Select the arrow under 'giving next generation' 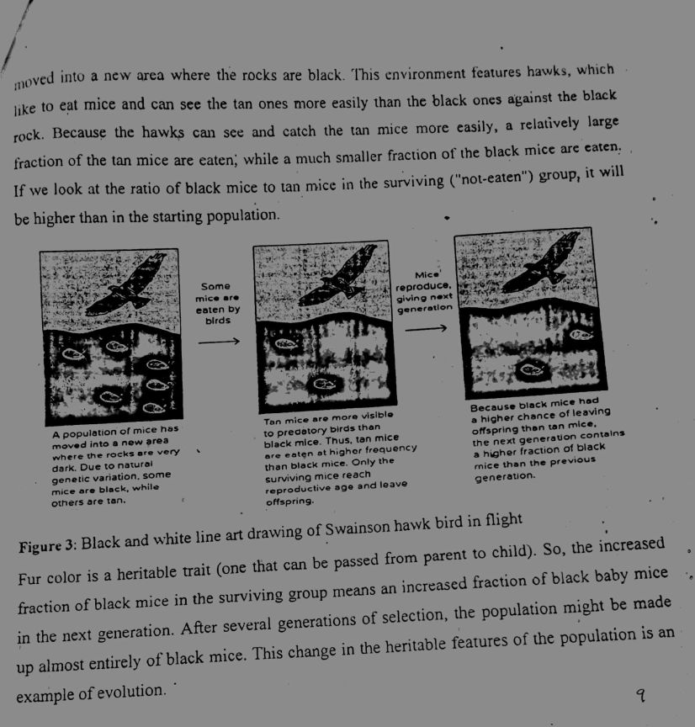(425, 330)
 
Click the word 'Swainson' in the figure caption (336, 530)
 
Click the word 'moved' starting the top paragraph (34, 82)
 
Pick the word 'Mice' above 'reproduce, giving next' (427, 275)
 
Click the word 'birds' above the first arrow (218, 321)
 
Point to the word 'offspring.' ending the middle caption (289, 500)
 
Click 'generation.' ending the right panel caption (505, 476)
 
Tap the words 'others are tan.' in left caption (88, 500)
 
